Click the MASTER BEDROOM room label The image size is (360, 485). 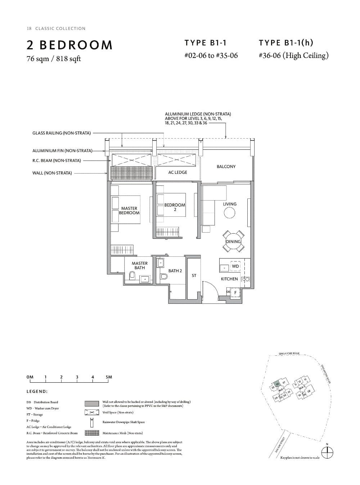tap(129, 211)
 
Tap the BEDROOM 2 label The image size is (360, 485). tap(175, 207)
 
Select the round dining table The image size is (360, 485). tap(233, 241)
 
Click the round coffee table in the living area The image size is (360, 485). tap(229, 213)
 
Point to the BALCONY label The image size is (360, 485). tap(226, 167)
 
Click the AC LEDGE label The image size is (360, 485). tap(177, 172)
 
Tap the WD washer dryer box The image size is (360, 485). tap(235, 266)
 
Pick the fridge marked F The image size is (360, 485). tap(235, 293)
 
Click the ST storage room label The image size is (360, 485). tap(194, 275)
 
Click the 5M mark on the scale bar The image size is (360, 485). tap(109, 377)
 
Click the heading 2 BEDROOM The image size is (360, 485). tap(69, 45)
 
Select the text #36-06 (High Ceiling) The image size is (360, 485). tap(293, 55)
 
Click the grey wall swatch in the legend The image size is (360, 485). tap(92, 403)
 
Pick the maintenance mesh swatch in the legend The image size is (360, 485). tap(92, 433)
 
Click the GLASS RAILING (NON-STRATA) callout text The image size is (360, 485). tap(62, 133)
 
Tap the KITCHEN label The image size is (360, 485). tap(229, 279)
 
